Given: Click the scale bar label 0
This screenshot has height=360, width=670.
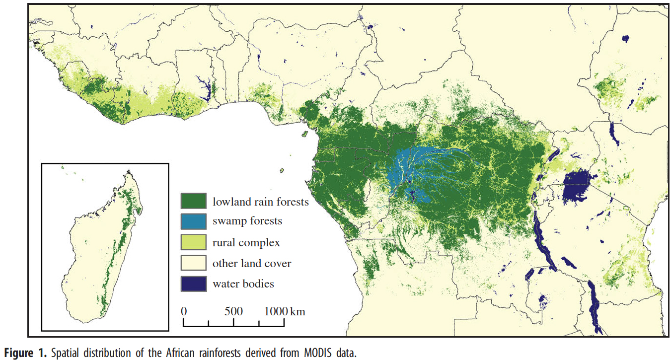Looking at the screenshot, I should (184, 312).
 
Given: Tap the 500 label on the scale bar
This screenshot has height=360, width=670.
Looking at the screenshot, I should (233, 312).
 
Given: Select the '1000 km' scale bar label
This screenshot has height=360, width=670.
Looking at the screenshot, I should (285, 312).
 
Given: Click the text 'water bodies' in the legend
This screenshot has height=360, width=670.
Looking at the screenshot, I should (243, 284).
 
